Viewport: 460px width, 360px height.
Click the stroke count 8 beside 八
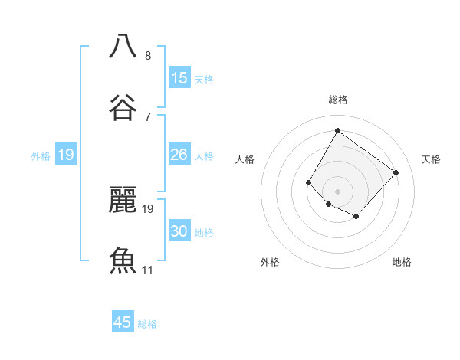(x=148, y=56)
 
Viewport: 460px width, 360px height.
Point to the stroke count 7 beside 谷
(x=148, y=117)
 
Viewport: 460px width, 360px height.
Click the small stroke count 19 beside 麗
(x=149, y=208)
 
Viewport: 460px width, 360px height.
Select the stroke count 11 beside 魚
(x=148, y=270)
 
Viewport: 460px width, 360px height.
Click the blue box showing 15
(x=179, y=78)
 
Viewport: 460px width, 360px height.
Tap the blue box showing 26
(x=179, y=155)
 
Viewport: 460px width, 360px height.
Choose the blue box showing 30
(x=179, y=231)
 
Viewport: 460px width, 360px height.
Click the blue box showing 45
(x=123, y=322)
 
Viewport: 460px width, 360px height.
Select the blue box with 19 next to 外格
(x=66, y=155)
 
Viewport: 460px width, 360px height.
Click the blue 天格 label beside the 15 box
(x=204, y=80)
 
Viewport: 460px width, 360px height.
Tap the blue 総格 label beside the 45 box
(x=147, y=324)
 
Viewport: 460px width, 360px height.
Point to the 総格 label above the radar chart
(x=337, y=100)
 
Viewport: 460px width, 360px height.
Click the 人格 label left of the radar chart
(x=245, y=159)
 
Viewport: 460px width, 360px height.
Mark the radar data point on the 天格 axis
(x=396, y=172)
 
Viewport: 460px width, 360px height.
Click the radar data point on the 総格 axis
(x=337, y=130)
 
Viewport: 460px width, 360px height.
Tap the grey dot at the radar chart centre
(x=337, y=191)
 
